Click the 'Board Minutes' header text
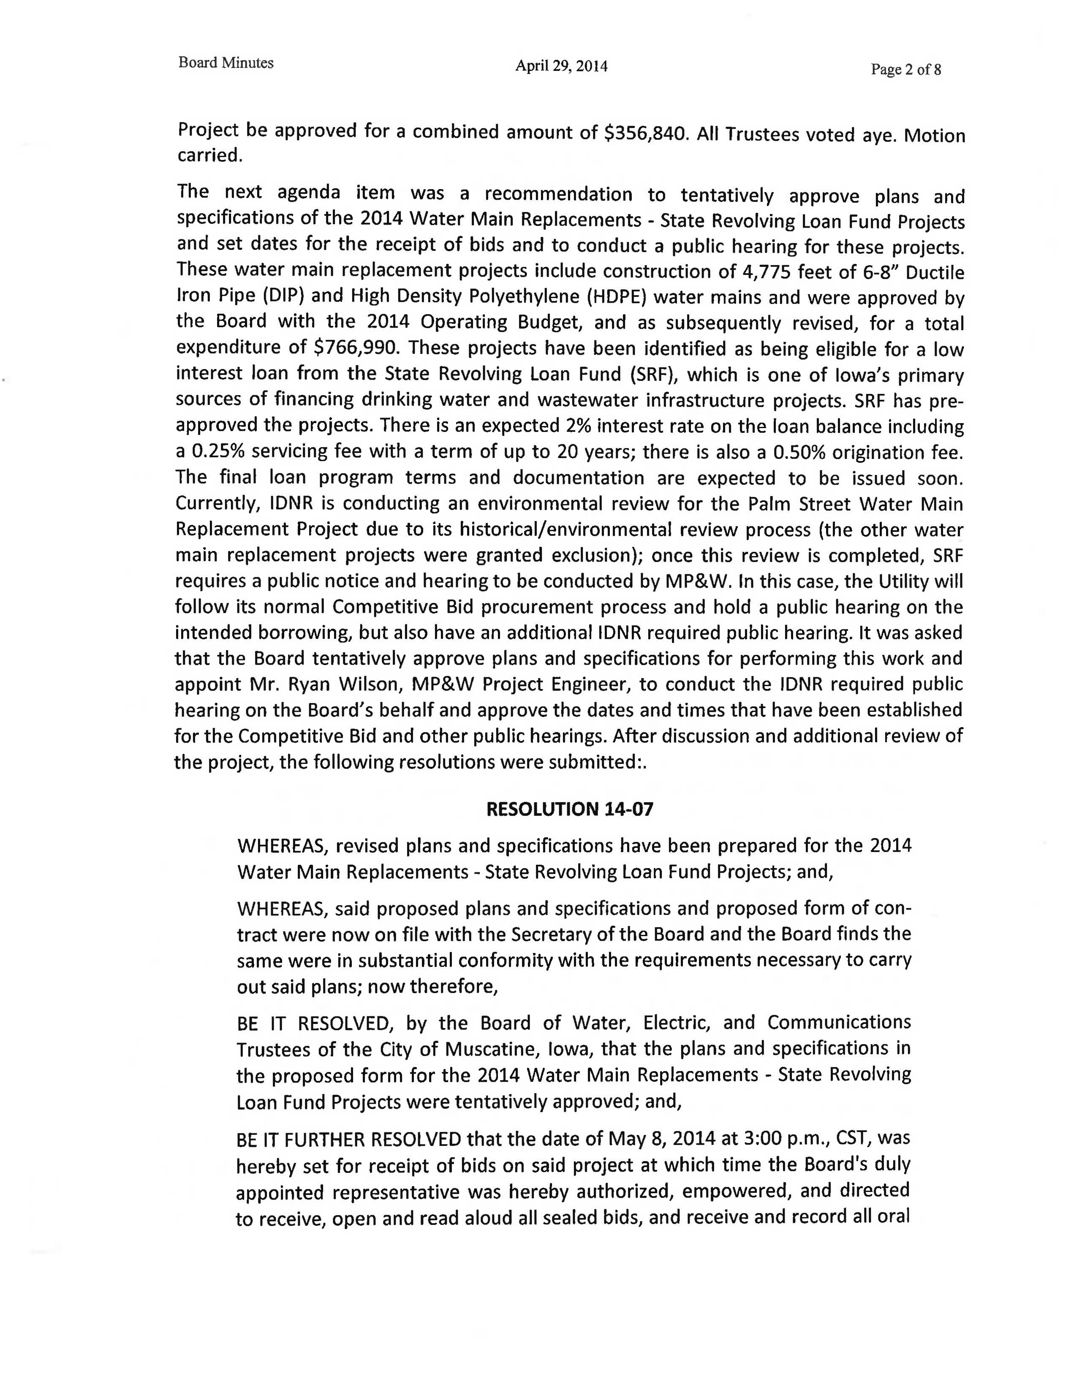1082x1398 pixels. [x=226, y=63]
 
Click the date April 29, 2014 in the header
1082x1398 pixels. [x=562, y=66]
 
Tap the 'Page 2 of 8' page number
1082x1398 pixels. [x=905, y=70]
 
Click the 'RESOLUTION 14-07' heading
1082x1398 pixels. [x=570, y=809]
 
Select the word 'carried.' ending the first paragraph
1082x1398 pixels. [x=209, y=155]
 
